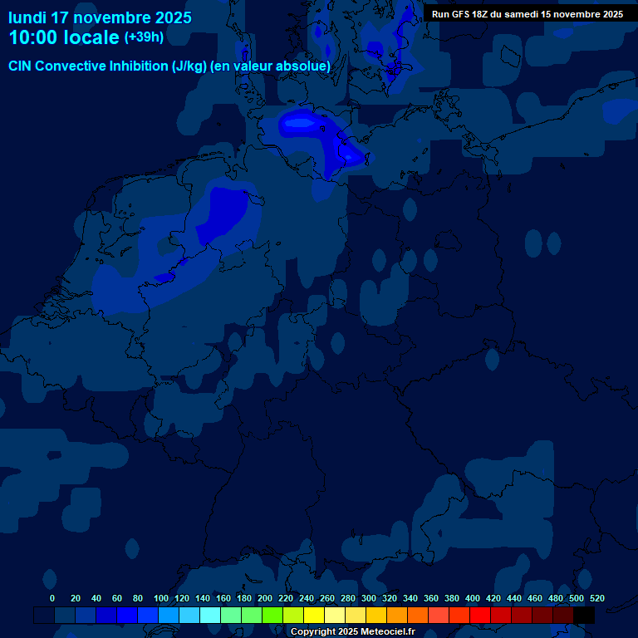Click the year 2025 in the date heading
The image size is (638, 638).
(x=169, y=17)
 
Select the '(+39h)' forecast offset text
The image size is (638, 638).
(x=144, y=37)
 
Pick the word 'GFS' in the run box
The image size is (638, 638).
(x=469, y=14)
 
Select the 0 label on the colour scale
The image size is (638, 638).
(x=52, y=598)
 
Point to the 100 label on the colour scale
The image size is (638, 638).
(x=161, y=598)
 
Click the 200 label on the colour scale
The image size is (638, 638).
(x=265, y=598)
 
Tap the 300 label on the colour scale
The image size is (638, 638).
(x=369, y=598)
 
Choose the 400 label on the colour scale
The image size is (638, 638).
(x=473, y=598)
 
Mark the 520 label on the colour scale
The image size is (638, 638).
(x=596, y=598)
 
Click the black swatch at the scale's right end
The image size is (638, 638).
(x=584, y=615)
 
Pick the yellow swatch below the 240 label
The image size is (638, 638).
(x=314, y=615)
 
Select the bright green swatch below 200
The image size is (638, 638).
(x=272, y=615)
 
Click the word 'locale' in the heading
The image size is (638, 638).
(x=91, y=37)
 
